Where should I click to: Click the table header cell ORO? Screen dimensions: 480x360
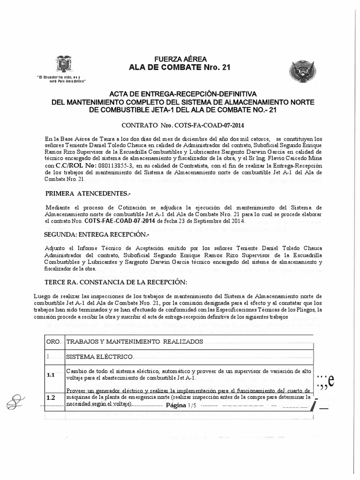[53, 342]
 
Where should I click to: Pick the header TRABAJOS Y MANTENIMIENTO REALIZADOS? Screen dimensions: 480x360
[135, 342]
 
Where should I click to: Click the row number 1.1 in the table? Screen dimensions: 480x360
[51, 375]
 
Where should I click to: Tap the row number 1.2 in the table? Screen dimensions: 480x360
[51, 398]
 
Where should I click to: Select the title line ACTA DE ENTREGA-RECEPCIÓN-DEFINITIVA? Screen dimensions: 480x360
[180, 94]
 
